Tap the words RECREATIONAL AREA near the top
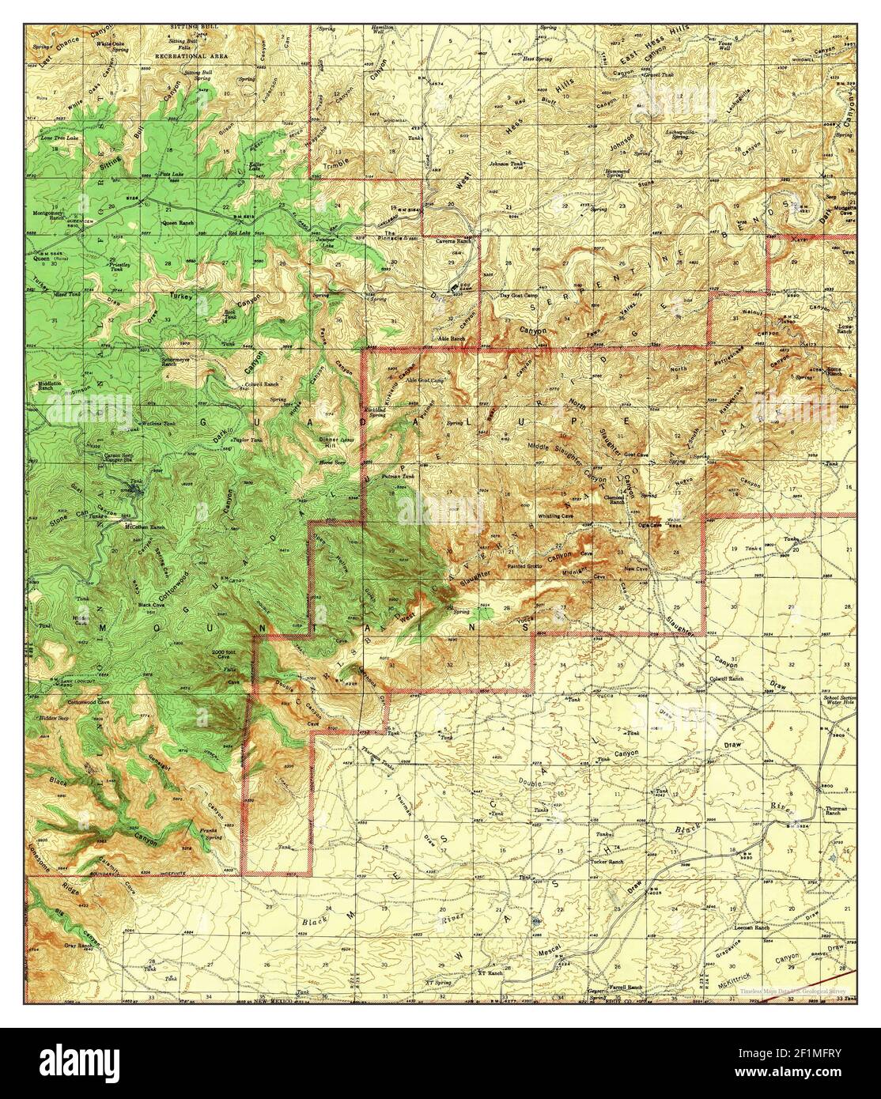point(193,56)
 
